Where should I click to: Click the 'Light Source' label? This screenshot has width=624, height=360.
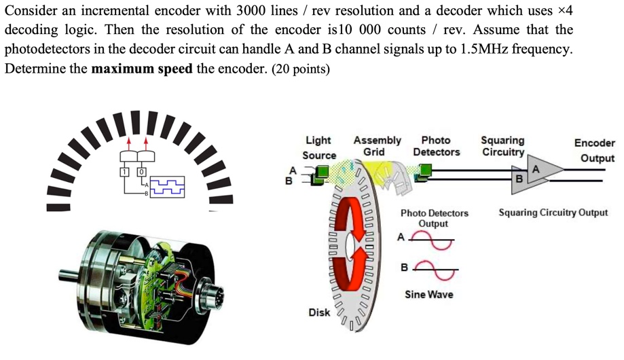pos(318,147)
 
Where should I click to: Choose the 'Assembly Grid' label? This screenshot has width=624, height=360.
pos(377,146)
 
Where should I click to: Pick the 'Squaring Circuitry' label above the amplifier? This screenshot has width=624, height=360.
pos(502,146)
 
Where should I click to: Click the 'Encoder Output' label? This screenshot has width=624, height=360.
pos(594,150)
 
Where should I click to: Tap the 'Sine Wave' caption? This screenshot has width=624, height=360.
pos(428,295)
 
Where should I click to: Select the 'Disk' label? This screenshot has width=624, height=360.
pos(319,312)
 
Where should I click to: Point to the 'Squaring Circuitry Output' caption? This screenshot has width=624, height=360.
pos(553,213)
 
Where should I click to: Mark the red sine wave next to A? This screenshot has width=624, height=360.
pos(429,238)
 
